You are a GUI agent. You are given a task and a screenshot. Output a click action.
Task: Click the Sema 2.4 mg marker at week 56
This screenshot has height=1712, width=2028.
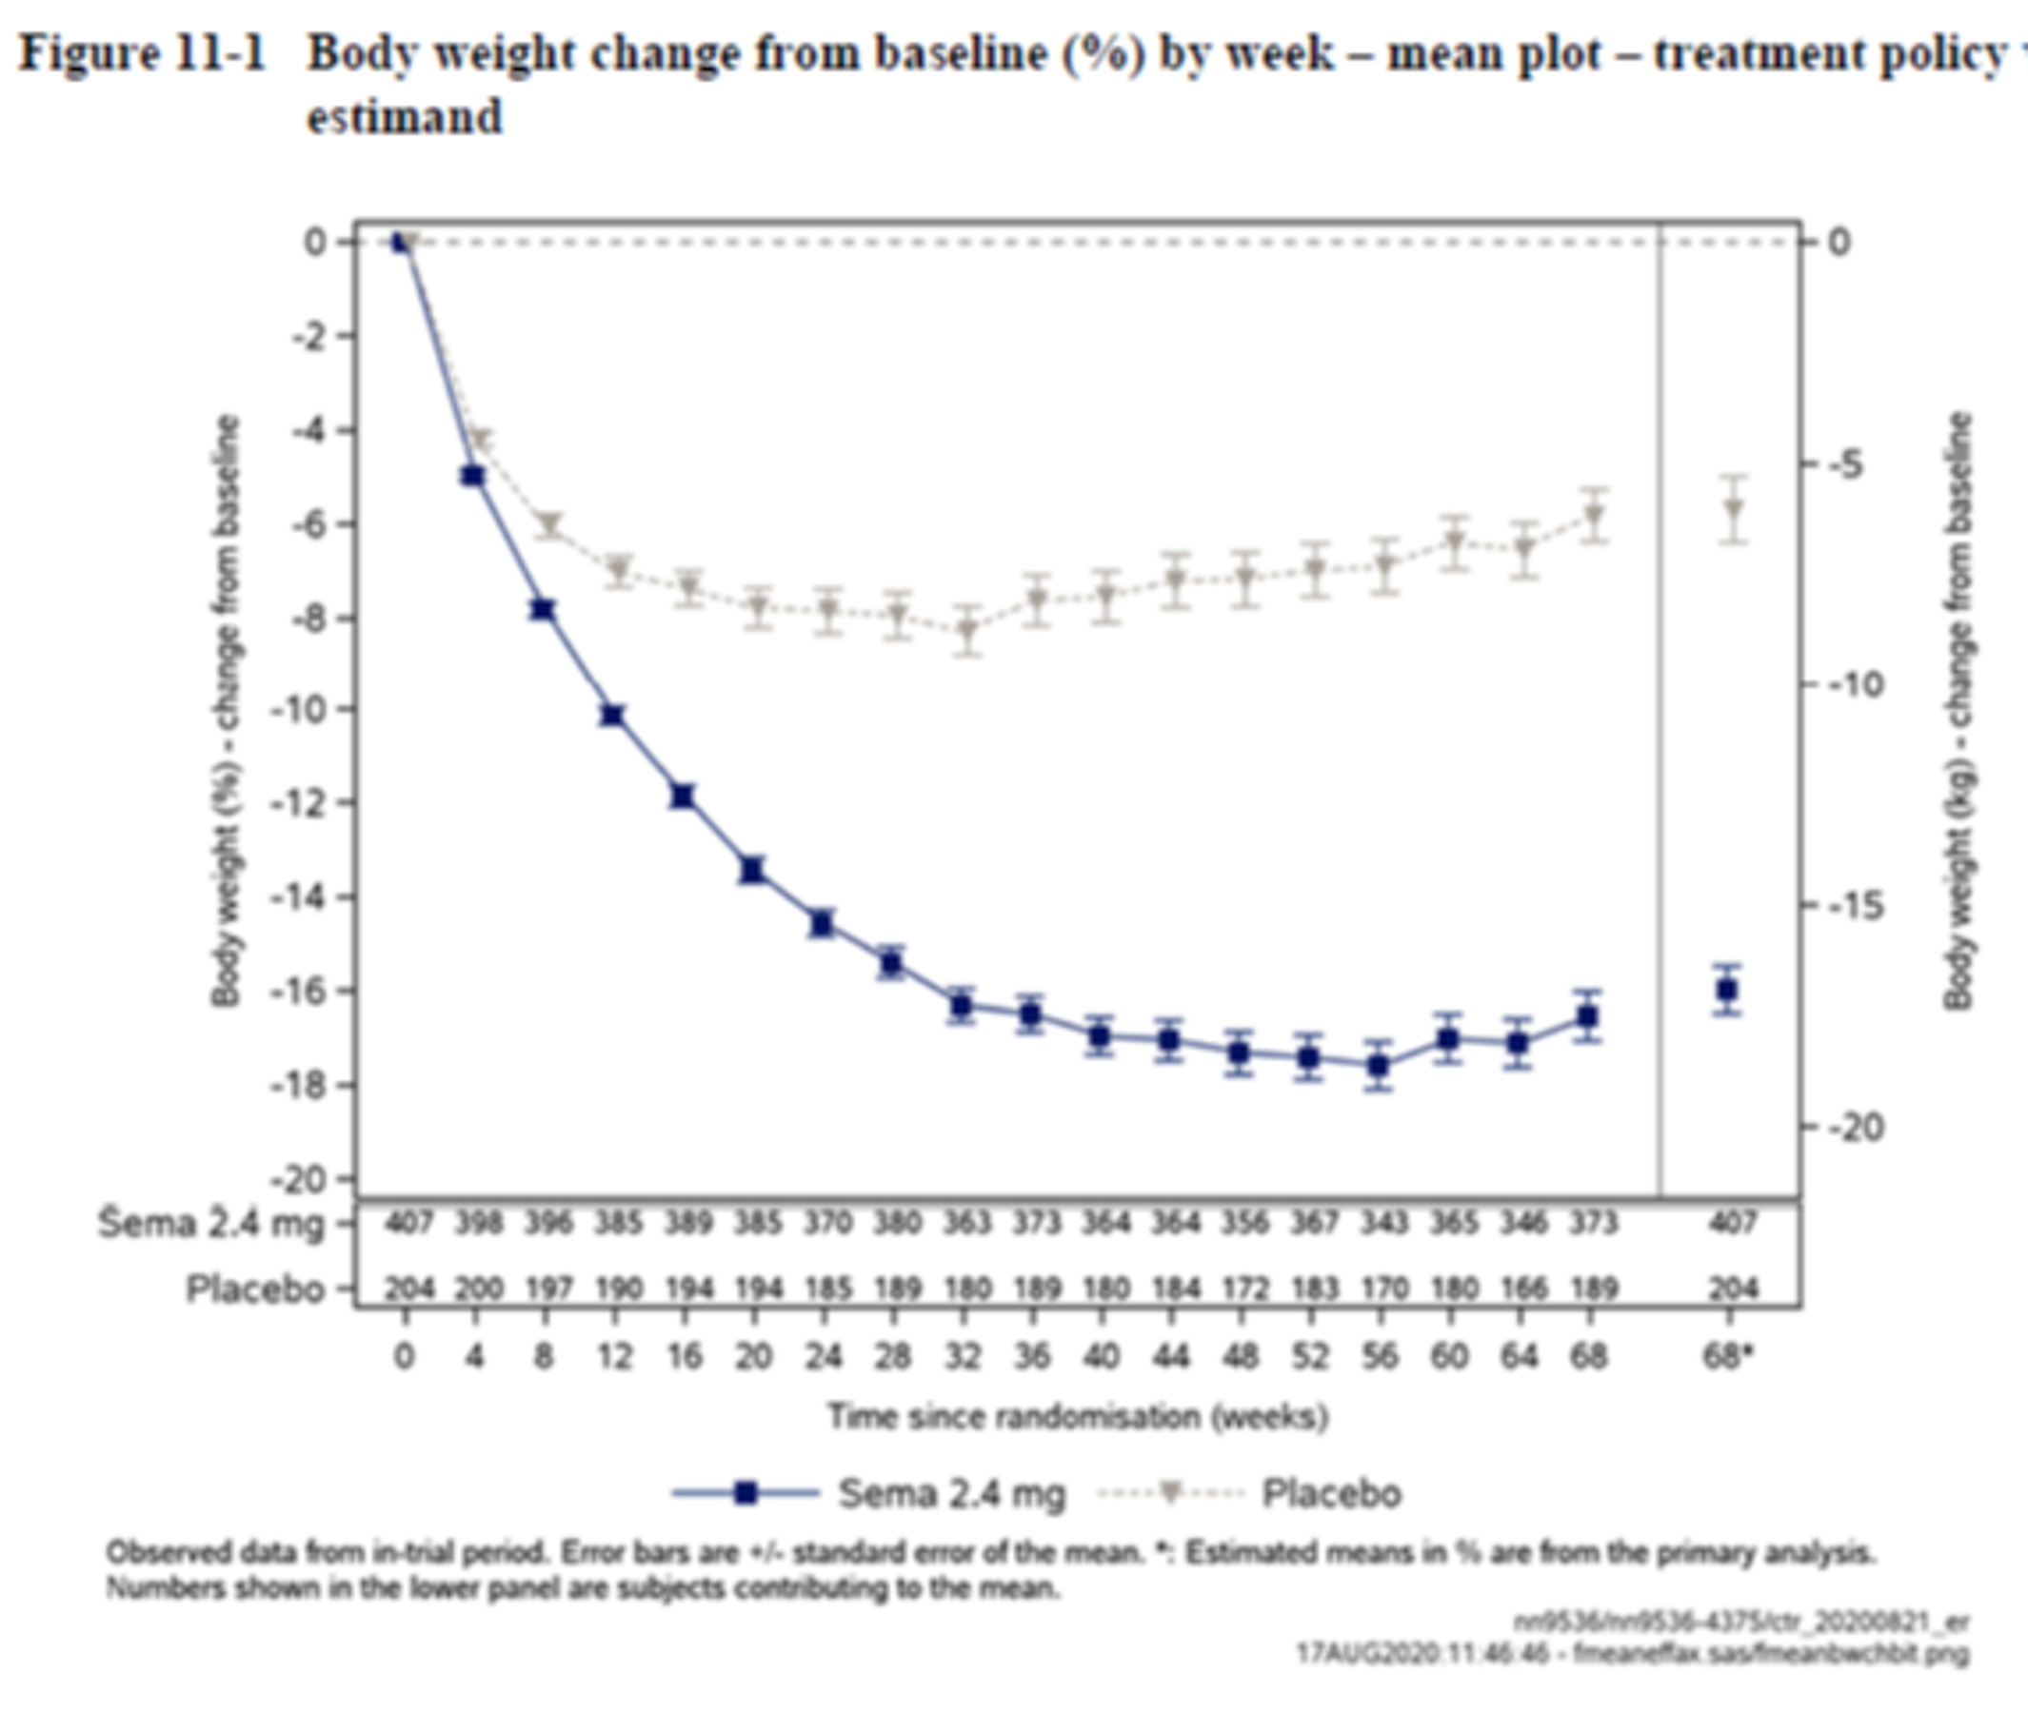click(1379, 1066)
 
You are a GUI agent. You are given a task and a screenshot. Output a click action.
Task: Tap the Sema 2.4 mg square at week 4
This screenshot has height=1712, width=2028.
click(473, 476)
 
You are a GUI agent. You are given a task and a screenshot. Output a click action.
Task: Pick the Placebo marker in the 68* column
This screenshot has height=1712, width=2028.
click(1734, 509)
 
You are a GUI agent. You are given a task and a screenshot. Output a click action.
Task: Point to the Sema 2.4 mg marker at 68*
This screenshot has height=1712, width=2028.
click(1727, 991)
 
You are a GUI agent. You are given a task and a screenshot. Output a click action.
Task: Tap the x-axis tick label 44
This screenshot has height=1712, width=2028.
click(1171, 1356)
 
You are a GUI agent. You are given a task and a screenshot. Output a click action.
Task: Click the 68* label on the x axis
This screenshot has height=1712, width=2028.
click(1729, 1356)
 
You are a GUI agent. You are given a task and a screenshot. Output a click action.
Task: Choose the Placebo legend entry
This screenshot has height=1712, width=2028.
click(1330, 1494)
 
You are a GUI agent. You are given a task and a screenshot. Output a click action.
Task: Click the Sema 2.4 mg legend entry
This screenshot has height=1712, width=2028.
click(951, 1494)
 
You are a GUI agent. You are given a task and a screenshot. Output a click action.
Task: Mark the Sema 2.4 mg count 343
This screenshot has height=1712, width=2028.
click(1382, 1223)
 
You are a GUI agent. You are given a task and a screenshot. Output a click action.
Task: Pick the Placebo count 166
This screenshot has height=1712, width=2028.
click(1522, 1289)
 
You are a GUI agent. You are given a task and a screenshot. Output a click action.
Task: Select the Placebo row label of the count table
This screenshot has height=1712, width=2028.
click(255, 1289)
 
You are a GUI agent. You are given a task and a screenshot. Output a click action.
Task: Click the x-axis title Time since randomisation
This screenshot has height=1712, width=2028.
click(1078, 1417)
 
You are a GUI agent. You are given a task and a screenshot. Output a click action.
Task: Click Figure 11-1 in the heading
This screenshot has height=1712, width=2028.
click(142, 53)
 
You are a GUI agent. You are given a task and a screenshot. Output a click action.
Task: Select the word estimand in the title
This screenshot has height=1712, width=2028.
click(404, 116)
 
